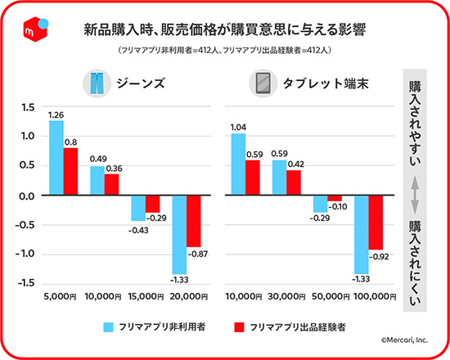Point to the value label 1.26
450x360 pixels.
click(56, 114)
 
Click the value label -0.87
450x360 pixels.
click(198, 254)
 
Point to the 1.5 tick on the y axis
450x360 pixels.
click(28, 108)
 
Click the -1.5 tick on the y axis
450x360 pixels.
click(26, 283)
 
